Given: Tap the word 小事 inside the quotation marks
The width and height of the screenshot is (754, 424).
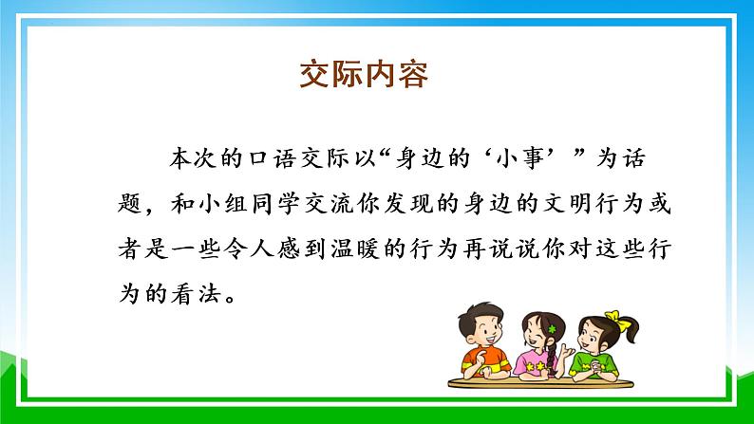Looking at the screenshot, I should coord(534,157).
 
